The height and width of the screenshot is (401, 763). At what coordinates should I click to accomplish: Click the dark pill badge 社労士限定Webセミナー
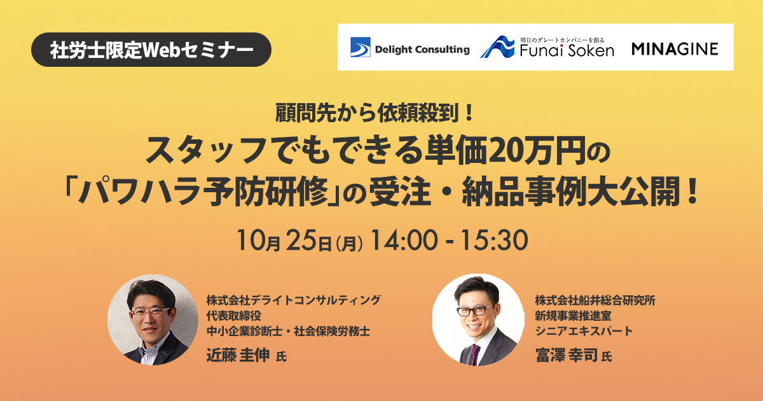151,50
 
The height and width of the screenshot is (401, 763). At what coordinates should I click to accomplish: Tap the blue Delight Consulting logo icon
361,47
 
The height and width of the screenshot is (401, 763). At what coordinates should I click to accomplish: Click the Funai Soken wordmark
567,51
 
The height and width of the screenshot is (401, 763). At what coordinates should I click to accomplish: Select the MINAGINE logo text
675,49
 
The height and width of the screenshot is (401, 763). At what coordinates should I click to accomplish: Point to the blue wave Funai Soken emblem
498,47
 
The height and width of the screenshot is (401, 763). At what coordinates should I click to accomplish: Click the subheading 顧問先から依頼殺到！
375,113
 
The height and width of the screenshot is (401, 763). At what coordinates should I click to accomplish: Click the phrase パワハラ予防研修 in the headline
204,192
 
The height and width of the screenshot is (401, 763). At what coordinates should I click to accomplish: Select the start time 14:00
403,241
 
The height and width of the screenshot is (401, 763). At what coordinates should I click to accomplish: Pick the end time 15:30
495,241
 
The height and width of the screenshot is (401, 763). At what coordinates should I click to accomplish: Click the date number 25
301,241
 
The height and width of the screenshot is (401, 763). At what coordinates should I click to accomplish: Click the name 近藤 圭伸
238,355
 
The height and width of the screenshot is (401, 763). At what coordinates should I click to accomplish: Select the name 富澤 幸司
567,355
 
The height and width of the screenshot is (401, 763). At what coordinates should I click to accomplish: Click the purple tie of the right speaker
475,355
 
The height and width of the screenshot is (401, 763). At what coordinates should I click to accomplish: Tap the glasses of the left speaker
150,312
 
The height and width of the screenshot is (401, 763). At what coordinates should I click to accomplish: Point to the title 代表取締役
234,316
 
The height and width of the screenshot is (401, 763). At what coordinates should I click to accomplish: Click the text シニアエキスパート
584,331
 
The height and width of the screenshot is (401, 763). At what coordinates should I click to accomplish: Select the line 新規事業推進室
574,316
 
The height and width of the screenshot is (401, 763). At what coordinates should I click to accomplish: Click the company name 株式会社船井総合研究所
595,300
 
